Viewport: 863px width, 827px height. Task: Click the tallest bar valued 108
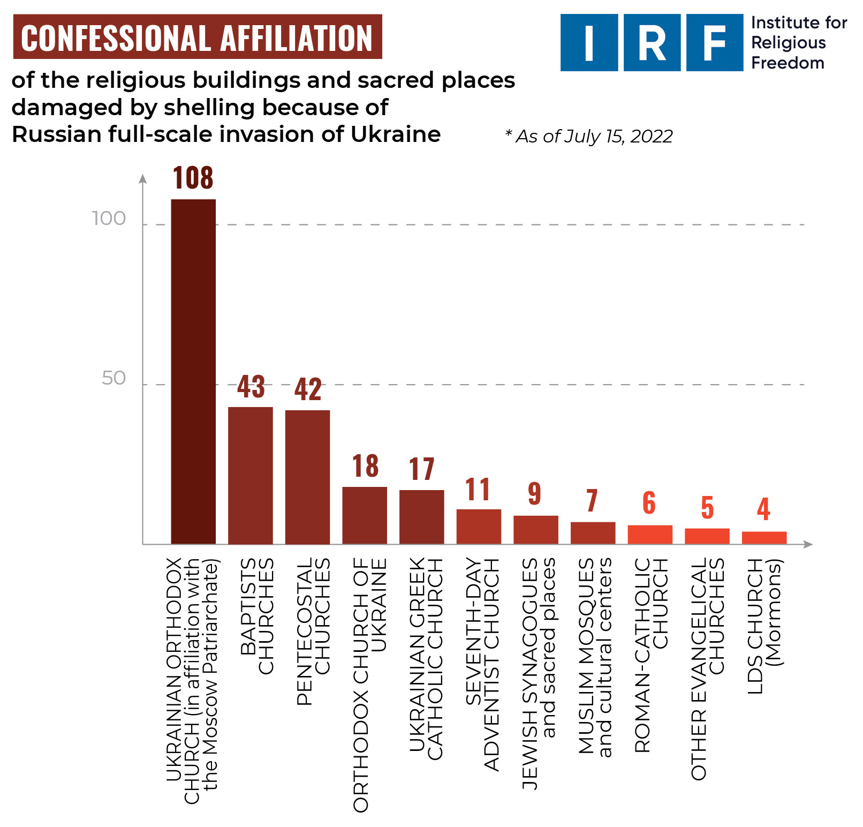[x=193, y=371]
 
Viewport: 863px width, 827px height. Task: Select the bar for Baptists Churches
[x=250, y=476]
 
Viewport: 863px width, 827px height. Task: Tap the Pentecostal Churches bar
[x=307, y=477]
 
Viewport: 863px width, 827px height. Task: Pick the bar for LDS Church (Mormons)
[x=764, y=538]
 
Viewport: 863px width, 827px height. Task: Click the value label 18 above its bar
[x=365, y=466]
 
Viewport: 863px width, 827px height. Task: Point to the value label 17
[x=421, y=469]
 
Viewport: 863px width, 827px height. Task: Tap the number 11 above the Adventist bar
[x=478, y=490]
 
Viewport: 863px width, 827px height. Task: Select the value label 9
[x=534, y=493]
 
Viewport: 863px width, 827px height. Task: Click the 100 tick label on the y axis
[x=109, y=219]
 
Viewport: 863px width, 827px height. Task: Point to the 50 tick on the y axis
[x=113, y=378]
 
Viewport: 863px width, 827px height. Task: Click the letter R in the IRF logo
[x=652, y=43]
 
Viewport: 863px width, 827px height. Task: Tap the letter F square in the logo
[x=714, y=43]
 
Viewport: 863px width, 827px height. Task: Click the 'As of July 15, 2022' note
[x=589, y=136]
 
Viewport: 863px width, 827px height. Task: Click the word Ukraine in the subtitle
[x=396, y=134]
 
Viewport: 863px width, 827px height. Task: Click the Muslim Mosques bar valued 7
[x=593, y=533]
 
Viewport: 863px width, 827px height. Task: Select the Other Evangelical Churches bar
[x=707, y=536]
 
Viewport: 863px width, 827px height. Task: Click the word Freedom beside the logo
[x=788, y=63]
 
